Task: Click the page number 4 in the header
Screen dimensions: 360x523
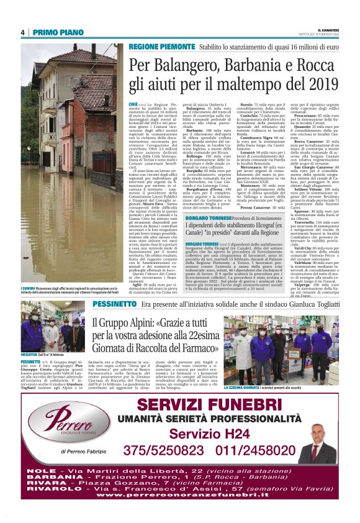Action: (x=22, y=33)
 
